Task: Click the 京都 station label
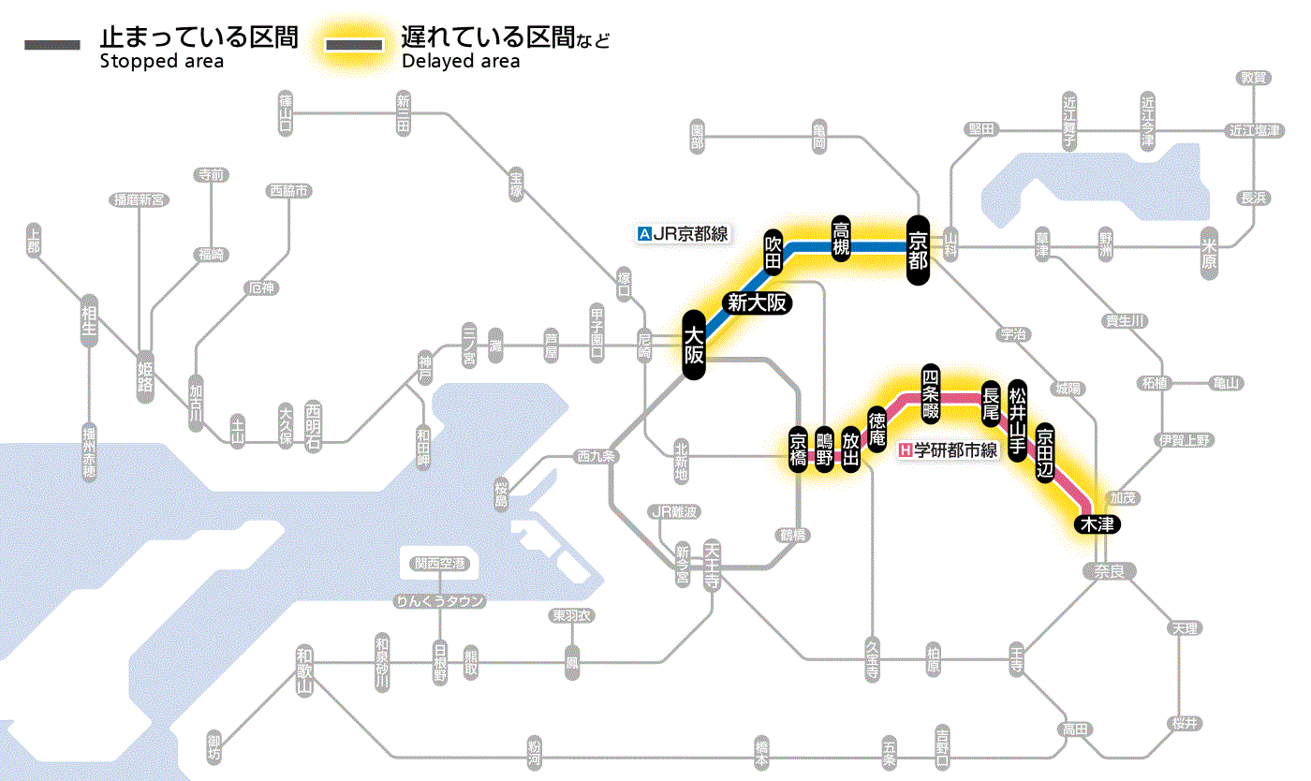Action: (x=918, y=248)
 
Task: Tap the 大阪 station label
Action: (x=693, y=346)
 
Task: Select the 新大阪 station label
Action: (x=756, y=302)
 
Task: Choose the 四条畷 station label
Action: (x=930, y=390)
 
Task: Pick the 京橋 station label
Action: (x=798, y=451)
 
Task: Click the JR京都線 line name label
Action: (x=690, y=234)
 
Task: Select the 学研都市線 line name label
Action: (x=956, y=450)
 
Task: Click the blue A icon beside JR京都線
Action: (x=643, y=234)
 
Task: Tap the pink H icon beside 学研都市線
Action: (x=905, y=450)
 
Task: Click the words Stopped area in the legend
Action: (x=161, y=62)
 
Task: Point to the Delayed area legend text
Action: (x=461, y=62)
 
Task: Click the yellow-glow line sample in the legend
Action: (x=354, y=45)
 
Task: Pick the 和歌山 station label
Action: (x=304, y=670)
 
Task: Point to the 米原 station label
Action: (x=1212, y=253)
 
